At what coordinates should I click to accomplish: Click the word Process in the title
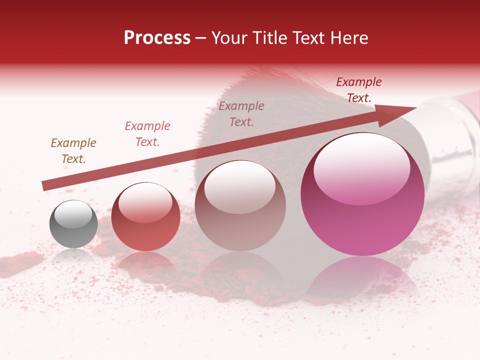157,38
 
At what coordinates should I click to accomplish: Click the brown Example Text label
73,151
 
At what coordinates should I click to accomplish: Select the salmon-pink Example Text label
147,134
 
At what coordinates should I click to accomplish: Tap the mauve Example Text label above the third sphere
241,114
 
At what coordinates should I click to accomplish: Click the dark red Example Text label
359,90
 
